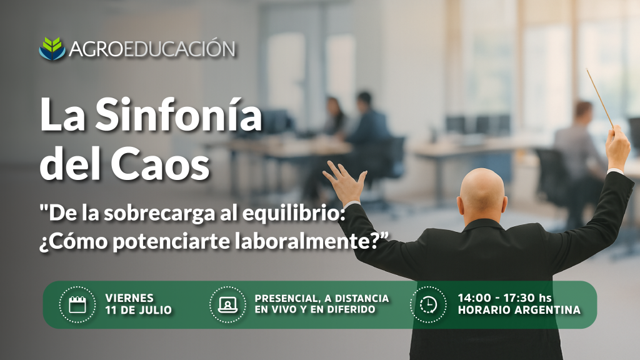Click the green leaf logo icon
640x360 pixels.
(x=52, y=49)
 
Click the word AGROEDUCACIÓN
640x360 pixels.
(x=152, y=49)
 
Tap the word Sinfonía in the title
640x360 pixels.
(x=178, y=115)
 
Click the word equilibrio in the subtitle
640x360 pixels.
(x=291, y=214)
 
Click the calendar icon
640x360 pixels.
(x=77, y=304)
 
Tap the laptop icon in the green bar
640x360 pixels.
(x=227, y=304)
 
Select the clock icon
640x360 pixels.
(x=428, y=304)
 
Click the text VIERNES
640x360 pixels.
(x=129, y=298)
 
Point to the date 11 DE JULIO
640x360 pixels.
(x=138, y=310)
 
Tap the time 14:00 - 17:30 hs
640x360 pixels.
(x=504, y=298)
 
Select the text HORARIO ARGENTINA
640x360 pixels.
(x=519, y=310)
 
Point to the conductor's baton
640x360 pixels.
(x=599, y=97)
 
